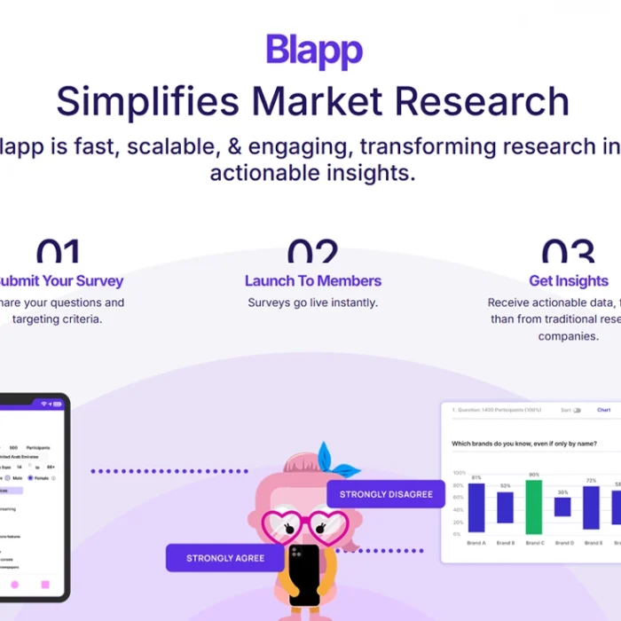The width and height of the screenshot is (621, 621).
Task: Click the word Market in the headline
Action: pyautogui.click(x=317, y=102)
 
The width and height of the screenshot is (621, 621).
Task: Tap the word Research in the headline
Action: pyautogui.click(x=482, y=102)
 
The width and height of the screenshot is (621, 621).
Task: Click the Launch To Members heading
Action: pyautogui.click(x=312, y=281)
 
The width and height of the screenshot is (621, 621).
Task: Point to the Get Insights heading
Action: pyautogui.click(x=569, y=281)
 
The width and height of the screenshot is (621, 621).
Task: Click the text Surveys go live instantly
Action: pyautogui.click(x=312, y=303)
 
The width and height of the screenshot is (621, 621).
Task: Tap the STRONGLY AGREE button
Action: pyautogui.click(x=224, y=559)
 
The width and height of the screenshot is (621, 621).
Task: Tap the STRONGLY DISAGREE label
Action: pyautogui.click(x=386, y=494)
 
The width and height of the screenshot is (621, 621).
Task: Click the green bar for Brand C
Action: pyautogui.click(x=534, y=507)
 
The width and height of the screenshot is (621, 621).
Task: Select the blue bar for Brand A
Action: pyautogui.click(x=476, y=507)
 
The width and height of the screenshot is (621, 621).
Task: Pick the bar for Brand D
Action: pyautogui.click(x=562, y=507)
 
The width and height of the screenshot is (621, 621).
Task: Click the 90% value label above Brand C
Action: pyautogui.click(x=534, y=475)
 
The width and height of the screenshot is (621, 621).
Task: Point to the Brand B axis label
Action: pyautogui.click(x=505, y=542)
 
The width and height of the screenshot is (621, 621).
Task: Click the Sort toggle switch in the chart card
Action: pyautogui.click(x=577, y=410)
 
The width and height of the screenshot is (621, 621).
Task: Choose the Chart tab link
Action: pyautogui.click(x=604, y=410)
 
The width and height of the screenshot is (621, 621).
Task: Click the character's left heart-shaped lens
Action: pyautogui.click(x=284, y=527)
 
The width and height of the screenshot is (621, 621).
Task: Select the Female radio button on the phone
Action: pyautogui.click(x=30, y=477)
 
